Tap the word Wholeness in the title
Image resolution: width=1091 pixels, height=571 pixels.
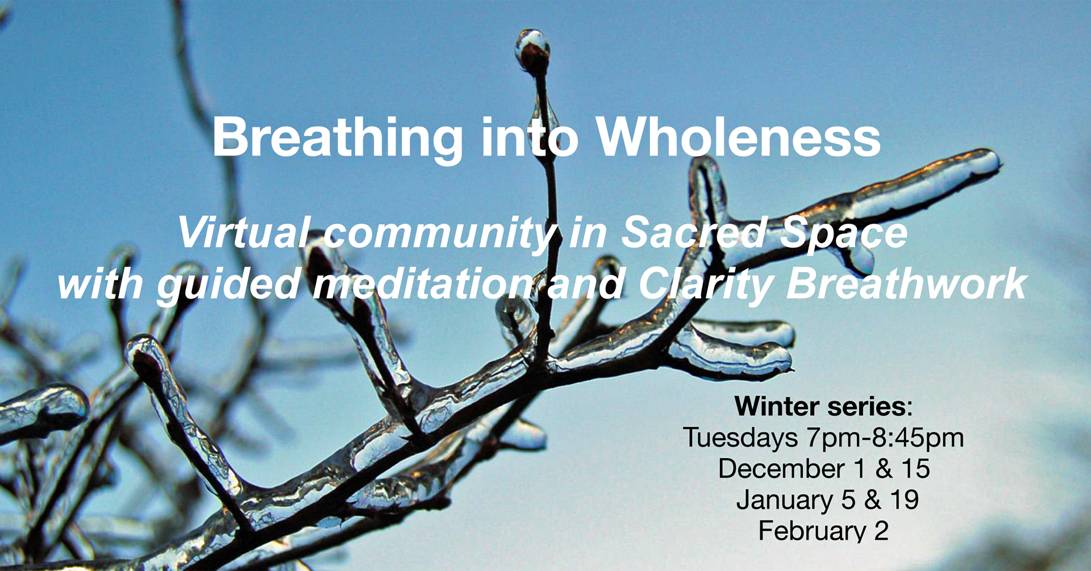[738, 137]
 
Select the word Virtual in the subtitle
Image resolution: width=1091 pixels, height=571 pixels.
[243, 232]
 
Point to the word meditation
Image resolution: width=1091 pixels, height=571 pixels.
[423, 284]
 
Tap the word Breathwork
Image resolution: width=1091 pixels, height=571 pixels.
[907, 284]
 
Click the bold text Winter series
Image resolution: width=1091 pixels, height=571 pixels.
[820, 406]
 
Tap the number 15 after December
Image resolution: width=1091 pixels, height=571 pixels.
[915, 469]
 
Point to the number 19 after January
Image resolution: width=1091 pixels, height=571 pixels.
[905, 500]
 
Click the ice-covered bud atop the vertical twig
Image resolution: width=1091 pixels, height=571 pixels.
[532, 50]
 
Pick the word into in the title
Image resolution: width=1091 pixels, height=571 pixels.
[530, 137]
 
